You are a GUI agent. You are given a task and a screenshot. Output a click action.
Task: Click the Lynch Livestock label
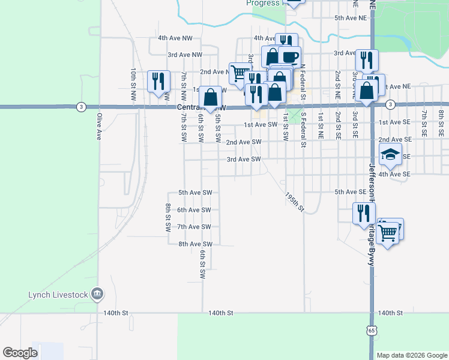[58, 295]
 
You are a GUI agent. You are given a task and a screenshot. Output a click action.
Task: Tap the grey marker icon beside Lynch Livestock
[98, 295]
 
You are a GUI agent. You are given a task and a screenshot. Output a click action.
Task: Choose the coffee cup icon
[289, 56]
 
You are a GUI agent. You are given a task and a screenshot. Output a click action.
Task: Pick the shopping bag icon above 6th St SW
[211, 97]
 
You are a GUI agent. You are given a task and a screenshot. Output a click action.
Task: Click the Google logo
[20, 353]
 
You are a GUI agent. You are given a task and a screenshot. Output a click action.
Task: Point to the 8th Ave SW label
[196, 244]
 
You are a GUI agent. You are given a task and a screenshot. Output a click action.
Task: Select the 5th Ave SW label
[196, 193]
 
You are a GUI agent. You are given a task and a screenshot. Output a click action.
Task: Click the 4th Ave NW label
[175, 38]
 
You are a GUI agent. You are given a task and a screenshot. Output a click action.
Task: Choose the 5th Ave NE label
[351, 18]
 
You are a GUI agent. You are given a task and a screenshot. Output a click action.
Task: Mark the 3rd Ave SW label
[244, 159]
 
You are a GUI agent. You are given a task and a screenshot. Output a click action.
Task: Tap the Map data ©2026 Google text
[411, 355]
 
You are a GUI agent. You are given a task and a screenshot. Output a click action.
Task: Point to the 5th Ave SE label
[350, 192]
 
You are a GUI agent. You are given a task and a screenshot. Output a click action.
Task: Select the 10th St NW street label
[133, 83]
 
